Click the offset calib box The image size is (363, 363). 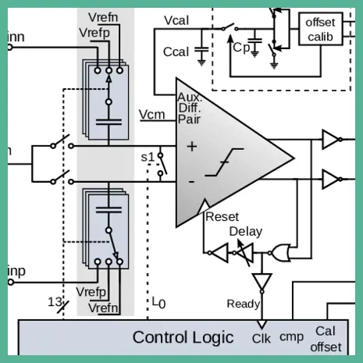point(320,29)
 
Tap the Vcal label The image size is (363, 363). point(176,20)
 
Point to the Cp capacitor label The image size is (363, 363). point(241,47)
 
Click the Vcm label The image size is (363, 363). point(152,115)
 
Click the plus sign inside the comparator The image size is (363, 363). point(192,147)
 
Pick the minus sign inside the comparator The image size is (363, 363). point(191,181)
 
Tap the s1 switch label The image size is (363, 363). point(148,157)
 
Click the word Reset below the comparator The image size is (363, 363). point(222,217)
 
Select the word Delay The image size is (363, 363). point(246,231)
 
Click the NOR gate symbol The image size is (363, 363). point(280,253)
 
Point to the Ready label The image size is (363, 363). point(244,304)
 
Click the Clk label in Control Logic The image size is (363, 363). point(262,339)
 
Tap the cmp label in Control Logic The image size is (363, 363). point(291,337)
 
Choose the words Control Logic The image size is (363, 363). point(183,337)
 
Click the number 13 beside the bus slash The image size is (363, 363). point(55,302)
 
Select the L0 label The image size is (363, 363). point(158,303)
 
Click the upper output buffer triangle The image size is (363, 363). point(330,140)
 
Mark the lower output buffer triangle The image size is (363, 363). point(330,179)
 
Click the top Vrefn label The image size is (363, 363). point(103,17)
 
